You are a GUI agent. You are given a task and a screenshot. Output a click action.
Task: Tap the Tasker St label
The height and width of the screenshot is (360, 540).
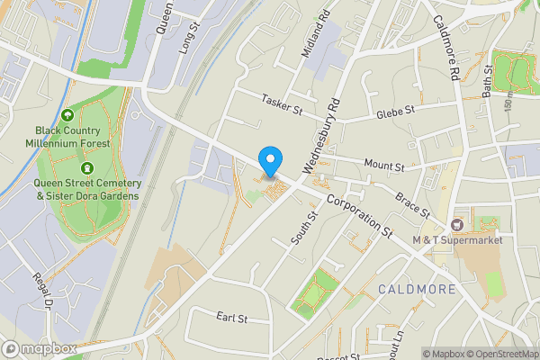pos(282,104)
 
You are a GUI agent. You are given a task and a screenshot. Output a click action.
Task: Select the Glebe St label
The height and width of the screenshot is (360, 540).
pos(395,112)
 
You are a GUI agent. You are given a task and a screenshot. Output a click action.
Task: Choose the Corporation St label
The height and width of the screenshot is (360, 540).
pos(360,217)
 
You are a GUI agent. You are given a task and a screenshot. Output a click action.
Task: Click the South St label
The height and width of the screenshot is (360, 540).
pos(301,227)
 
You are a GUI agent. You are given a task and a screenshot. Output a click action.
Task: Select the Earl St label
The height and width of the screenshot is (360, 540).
pos(231,318)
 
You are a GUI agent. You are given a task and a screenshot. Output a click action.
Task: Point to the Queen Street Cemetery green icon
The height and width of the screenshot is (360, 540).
pos(87,167)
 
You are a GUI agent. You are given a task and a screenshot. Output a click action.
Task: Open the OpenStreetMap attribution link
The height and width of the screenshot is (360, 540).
pos(502,353)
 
